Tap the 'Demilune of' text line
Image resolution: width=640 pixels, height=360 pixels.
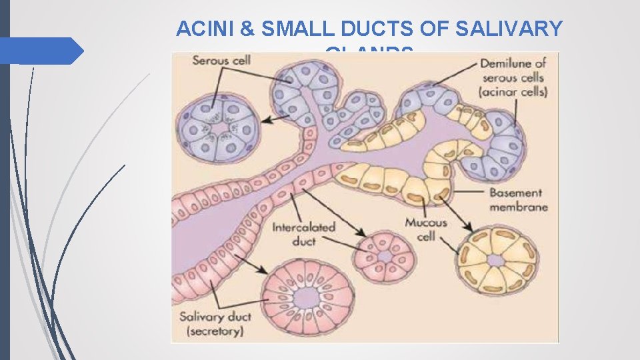click(x=513, y=64)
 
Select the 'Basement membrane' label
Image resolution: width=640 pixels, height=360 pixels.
click(x=518, y=199)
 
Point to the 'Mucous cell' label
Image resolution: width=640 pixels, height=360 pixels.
click(x=426, y=229)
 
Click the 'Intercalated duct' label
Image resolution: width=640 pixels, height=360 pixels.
click(x=303, y=233)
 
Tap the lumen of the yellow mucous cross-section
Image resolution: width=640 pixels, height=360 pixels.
click(x=496, y=259)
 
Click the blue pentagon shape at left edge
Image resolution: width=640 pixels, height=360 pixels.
click(x=40, y=51)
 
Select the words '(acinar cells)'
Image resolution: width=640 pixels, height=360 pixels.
click(x=513, y=91)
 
